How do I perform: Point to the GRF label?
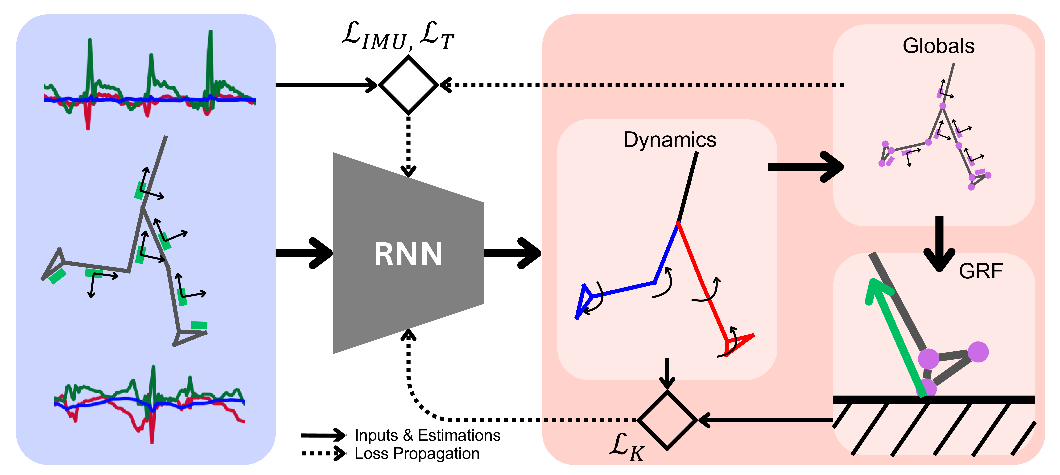[x=981, y=271]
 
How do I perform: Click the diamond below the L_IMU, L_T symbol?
[x=408, y=85]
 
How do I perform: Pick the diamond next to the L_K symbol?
[x=667, y=420]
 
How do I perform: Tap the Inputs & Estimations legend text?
[x=427, y=435]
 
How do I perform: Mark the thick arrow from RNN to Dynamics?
[x=512, y=253]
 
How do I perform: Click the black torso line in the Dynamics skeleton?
[x=687, y=187]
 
